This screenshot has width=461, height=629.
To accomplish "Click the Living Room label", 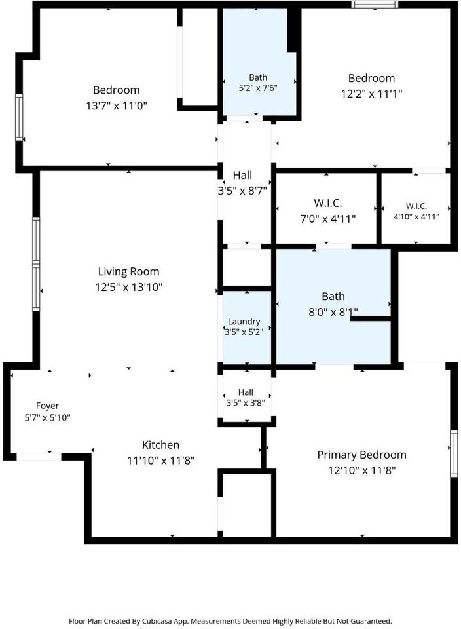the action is coord(129,271).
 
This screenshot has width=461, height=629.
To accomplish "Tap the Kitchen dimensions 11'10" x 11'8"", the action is coord(160,461).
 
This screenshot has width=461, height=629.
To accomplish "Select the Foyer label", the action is coord(47,406).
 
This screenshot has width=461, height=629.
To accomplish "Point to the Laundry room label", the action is coord(244,321).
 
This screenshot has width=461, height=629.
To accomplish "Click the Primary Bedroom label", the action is coord(361,455).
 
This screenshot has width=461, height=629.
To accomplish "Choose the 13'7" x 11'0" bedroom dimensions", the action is coord(117,106).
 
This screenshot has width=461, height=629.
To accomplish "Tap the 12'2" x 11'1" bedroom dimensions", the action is coord(371,94).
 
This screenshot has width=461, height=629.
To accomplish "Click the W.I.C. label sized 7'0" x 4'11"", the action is coord(328,203).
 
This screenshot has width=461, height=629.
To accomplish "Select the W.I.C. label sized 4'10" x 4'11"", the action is coord(416,206).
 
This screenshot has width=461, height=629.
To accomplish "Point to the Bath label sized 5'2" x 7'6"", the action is coord(258,77).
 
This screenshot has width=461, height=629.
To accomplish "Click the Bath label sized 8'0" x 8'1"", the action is coord(333,296).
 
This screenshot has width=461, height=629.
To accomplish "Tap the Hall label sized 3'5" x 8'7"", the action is coord(242,176).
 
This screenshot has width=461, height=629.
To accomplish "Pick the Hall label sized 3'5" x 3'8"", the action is coord(246,392).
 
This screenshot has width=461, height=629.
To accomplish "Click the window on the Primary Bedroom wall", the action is coord(453,453).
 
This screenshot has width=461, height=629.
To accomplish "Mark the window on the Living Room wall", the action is coord(36,264).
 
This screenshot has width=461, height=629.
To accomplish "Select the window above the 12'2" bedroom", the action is coord(375,5).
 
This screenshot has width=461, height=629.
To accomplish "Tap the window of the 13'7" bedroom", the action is coord(19,117).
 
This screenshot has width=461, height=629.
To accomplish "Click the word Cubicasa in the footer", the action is coord(157,621).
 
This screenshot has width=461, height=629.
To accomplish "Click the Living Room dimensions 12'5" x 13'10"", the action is coord(129,287).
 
